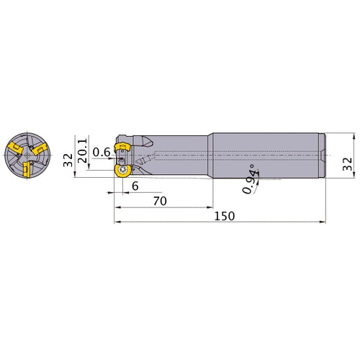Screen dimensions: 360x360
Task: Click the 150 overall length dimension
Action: [225, 216]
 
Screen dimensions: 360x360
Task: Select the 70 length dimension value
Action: [160, 201]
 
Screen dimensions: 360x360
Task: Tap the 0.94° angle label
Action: [248, 179]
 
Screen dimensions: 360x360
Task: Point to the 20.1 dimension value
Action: [82, 150]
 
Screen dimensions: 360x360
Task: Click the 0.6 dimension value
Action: [102, 152]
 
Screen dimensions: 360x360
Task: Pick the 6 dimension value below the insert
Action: [135, 186]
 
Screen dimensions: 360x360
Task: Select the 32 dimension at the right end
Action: [347, 164]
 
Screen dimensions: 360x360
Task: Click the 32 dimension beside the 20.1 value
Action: [68, 160]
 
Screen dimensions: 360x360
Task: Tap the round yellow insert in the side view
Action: [123, 171]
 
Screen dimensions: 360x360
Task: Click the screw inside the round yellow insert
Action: [124, 170]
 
